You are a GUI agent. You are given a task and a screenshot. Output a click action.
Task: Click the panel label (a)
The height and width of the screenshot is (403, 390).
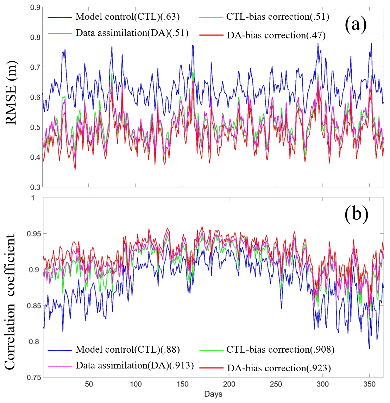pos(356,25)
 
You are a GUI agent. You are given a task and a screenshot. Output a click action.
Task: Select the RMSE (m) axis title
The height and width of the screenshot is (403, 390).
pos(11,93)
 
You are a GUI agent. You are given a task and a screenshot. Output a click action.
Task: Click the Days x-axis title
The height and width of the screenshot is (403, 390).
pos(213,394)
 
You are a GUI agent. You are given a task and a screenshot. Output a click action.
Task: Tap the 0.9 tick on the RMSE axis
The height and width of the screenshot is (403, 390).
pos(35,7)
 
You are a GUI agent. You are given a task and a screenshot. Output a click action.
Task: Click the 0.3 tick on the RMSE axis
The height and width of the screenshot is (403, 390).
pos(35,187)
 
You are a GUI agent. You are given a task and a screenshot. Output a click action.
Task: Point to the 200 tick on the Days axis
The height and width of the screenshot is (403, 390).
pos(229,384)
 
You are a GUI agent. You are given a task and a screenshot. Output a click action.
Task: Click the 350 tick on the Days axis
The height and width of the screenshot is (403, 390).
pos(369,384)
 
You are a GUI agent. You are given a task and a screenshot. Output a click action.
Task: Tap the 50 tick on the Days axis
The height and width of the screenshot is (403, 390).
pos(89,384)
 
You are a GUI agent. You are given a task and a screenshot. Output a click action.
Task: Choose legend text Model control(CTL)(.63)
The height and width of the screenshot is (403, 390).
pos(128,17)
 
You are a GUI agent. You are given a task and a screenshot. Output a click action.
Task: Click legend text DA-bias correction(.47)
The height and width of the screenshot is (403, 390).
pos(276,35)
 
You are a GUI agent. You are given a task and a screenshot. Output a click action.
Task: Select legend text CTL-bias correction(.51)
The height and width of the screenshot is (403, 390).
pos(278,17)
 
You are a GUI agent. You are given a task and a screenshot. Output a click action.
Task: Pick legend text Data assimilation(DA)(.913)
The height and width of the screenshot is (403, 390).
pos(135,366)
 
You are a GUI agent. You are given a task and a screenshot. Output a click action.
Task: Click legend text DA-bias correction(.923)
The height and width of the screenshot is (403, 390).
pos(279,368)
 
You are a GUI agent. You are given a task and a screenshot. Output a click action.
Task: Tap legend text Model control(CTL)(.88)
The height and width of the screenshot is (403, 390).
pos(128,349)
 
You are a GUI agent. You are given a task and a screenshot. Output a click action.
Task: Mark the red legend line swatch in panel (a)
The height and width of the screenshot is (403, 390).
pos(211,35)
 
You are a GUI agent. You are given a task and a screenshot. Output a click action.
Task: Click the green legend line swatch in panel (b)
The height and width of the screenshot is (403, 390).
pos(211,350)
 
